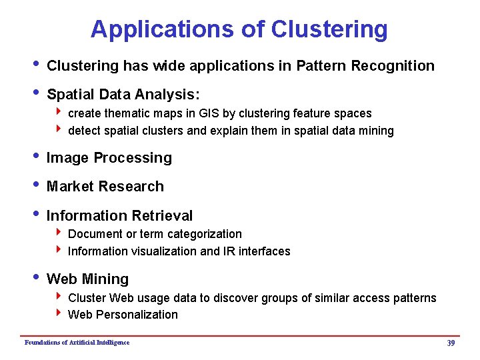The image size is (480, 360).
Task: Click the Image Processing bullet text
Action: (x=109, y=158)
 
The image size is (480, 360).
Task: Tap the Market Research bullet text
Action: (x=105, y=187)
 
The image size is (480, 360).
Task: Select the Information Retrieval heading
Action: (x=119, y=216)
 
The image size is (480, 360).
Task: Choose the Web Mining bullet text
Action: (x=87, y=279)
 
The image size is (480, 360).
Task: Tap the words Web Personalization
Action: (x=123, y=315)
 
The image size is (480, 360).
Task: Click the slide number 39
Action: (x=451, y=343)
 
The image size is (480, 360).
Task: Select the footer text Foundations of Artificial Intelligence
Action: (x=77, y=343)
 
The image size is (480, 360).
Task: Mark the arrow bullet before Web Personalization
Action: (x=61, y=313)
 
